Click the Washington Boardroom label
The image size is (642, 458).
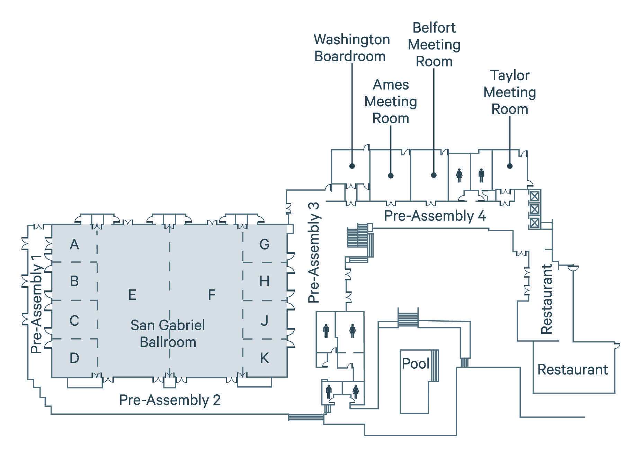[x=351, y=48]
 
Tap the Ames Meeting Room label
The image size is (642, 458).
[x=391, y=101]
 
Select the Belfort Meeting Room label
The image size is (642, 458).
[x=434, y=45]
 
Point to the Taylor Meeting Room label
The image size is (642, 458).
[x=509, y=92]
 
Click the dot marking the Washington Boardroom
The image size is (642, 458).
[x=352, y=166]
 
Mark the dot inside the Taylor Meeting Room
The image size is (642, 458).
[x=509, y=166]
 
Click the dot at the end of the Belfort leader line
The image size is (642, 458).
[x=434, y=175]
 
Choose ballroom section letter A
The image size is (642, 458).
[x=74, y=244]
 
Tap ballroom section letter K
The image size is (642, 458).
[x=264, y=358]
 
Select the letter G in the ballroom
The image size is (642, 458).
[x=264, y=244]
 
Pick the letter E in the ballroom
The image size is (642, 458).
[x=132, y=295]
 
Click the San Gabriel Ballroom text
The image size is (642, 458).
[x=168, y=333]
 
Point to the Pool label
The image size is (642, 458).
[x=415, y=363]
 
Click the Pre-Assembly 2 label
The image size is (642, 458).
[x=170, y=400]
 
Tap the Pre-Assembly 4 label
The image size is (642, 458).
[x=435, y=216]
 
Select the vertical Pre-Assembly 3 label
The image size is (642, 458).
[x=314, y=253]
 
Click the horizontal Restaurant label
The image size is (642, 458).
[x=572, y=369]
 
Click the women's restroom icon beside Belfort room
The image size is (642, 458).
[x=459, y=175]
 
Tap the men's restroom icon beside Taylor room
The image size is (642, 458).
[x=481, y=175]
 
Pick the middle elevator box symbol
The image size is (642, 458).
[x=534, y=209]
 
